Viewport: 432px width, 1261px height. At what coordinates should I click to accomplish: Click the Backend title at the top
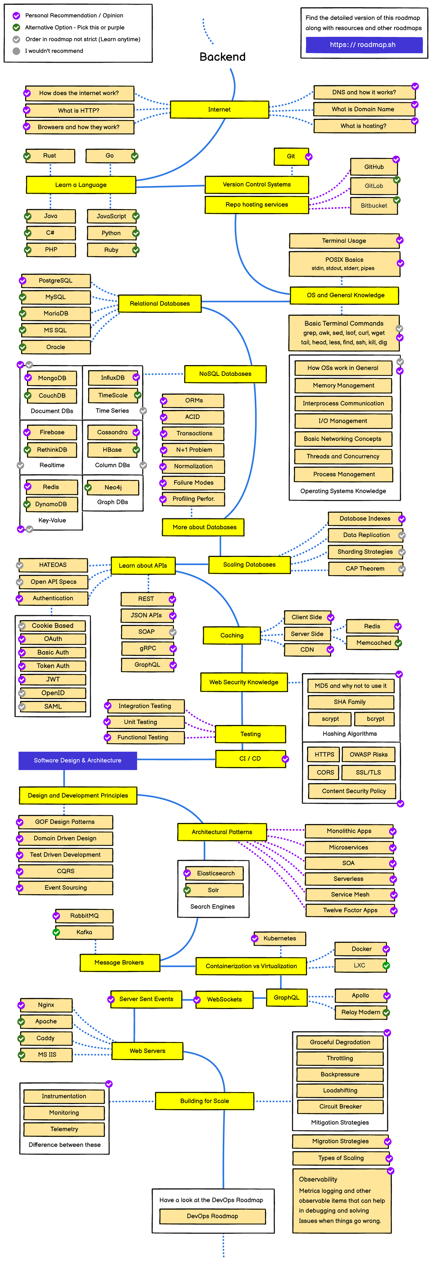click(222, 57)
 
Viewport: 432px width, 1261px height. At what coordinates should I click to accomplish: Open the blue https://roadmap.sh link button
click(364, 45)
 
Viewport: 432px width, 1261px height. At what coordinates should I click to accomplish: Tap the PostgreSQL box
click(55, 280)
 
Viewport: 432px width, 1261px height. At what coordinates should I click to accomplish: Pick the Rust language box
click(49, 156)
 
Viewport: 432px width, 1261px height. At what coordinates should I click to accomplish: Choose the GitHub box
click(373, 167)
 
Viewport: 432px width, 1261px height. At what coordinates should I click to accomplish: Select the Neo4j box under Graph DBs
click(113, 487)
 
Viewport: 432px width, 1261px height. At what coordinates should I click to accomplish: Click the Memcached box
click(373, 643)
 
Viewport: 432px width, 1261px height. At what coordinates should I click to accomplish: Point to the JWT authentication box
click(53, 679)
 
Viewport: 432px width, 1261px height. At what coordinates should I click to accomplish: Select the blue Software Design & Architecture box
click(77, 760)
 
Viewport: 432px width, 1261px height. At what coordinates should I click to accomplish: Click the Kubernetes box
click(280, 938)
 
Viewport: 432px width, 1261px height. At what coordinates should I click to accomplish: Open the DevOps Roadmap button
click(212, 1216)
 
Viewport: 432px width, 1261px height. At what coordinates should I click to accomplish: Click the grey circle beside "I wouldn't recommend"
click(16, 51)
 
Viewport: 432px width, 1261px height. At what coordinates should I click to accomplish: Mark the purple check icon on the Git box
click(309, 157)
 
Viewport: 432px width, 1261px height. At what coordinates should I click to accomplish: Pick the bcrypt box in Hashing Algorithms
click(375, 719)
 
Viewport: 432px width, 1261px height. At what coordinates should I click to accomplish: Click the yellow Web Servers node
click(147, 1050)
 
